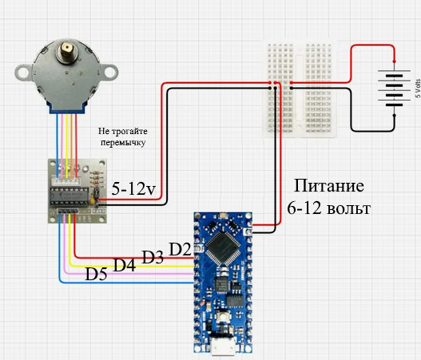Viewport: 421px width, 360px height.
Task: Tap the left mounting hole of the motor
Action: [x=24, y=73]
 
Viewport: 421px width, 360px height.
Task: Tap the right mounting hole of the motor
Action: [x=110, y=72]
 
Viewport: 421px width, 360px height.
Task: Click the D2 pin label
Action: [x=180, y=249]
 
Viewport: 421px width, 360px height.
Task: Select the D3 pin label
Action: [x=153, y=257]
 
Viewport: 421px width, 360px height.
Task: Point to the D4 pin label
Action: [x=125, y=265]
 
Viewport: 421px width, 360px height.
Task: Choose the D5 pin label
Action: [x=96, y=274]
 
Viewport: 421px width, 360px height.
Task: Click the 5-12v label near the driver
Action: [x=133, y=188]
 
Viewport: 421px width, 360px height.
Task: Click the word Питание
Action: [x=329, y=186]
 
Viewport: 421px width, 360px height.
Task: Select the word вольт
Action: [x=349, y=208]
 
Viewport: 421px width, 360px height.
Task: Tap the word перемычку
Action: [x=123, y=142]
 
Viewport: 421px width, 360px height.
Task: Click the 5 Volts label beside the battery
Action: [x=418, y=89]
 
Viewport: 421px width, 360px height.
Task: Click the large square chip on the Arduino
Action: [x=223, y=247]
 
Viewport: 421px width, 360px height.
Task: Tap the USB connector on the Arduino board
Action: [x=223, y=346]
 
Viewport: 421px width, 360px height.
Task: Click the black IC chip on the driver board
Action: [x=69, y=196]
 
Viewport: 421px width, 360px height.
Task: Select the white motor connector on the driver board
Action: [x=66, y=181]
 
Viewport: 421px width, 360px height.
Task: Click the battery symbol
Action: [x=394, y=89]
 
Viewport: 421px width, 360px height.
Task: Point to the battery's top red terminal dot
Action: [x=394, y=61]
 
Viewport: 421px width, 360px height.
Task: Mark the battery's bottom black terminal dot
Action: [x=394, y=116]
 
